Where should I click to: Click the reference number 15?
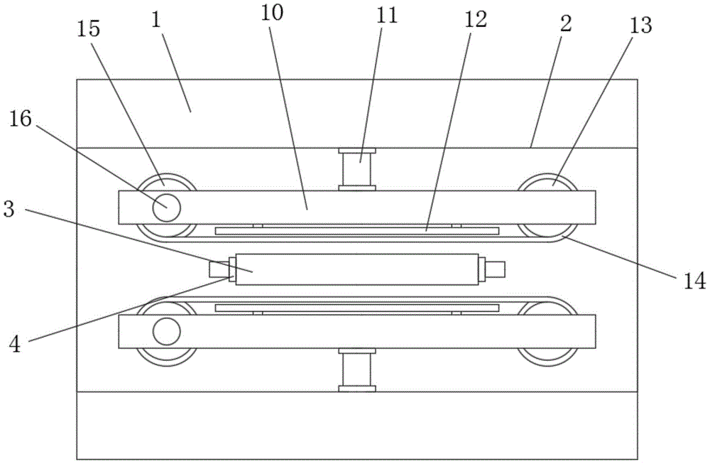(x=89, y=29)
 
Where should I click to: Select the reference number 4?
(x=16, y=345)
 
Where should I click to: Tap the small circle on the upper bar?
(x=166, y=207)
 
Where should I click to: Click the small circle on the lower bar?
(x=166, y=331)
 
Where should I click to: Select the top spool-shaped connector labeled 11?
(x=357, y=169)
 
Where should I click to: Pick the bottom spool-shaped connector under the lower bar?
(x=357, y=369)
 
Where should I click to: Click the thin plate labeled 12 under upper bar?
(x=357, y=230)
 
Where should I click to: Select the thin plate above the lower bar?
(x=357, y=308)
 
